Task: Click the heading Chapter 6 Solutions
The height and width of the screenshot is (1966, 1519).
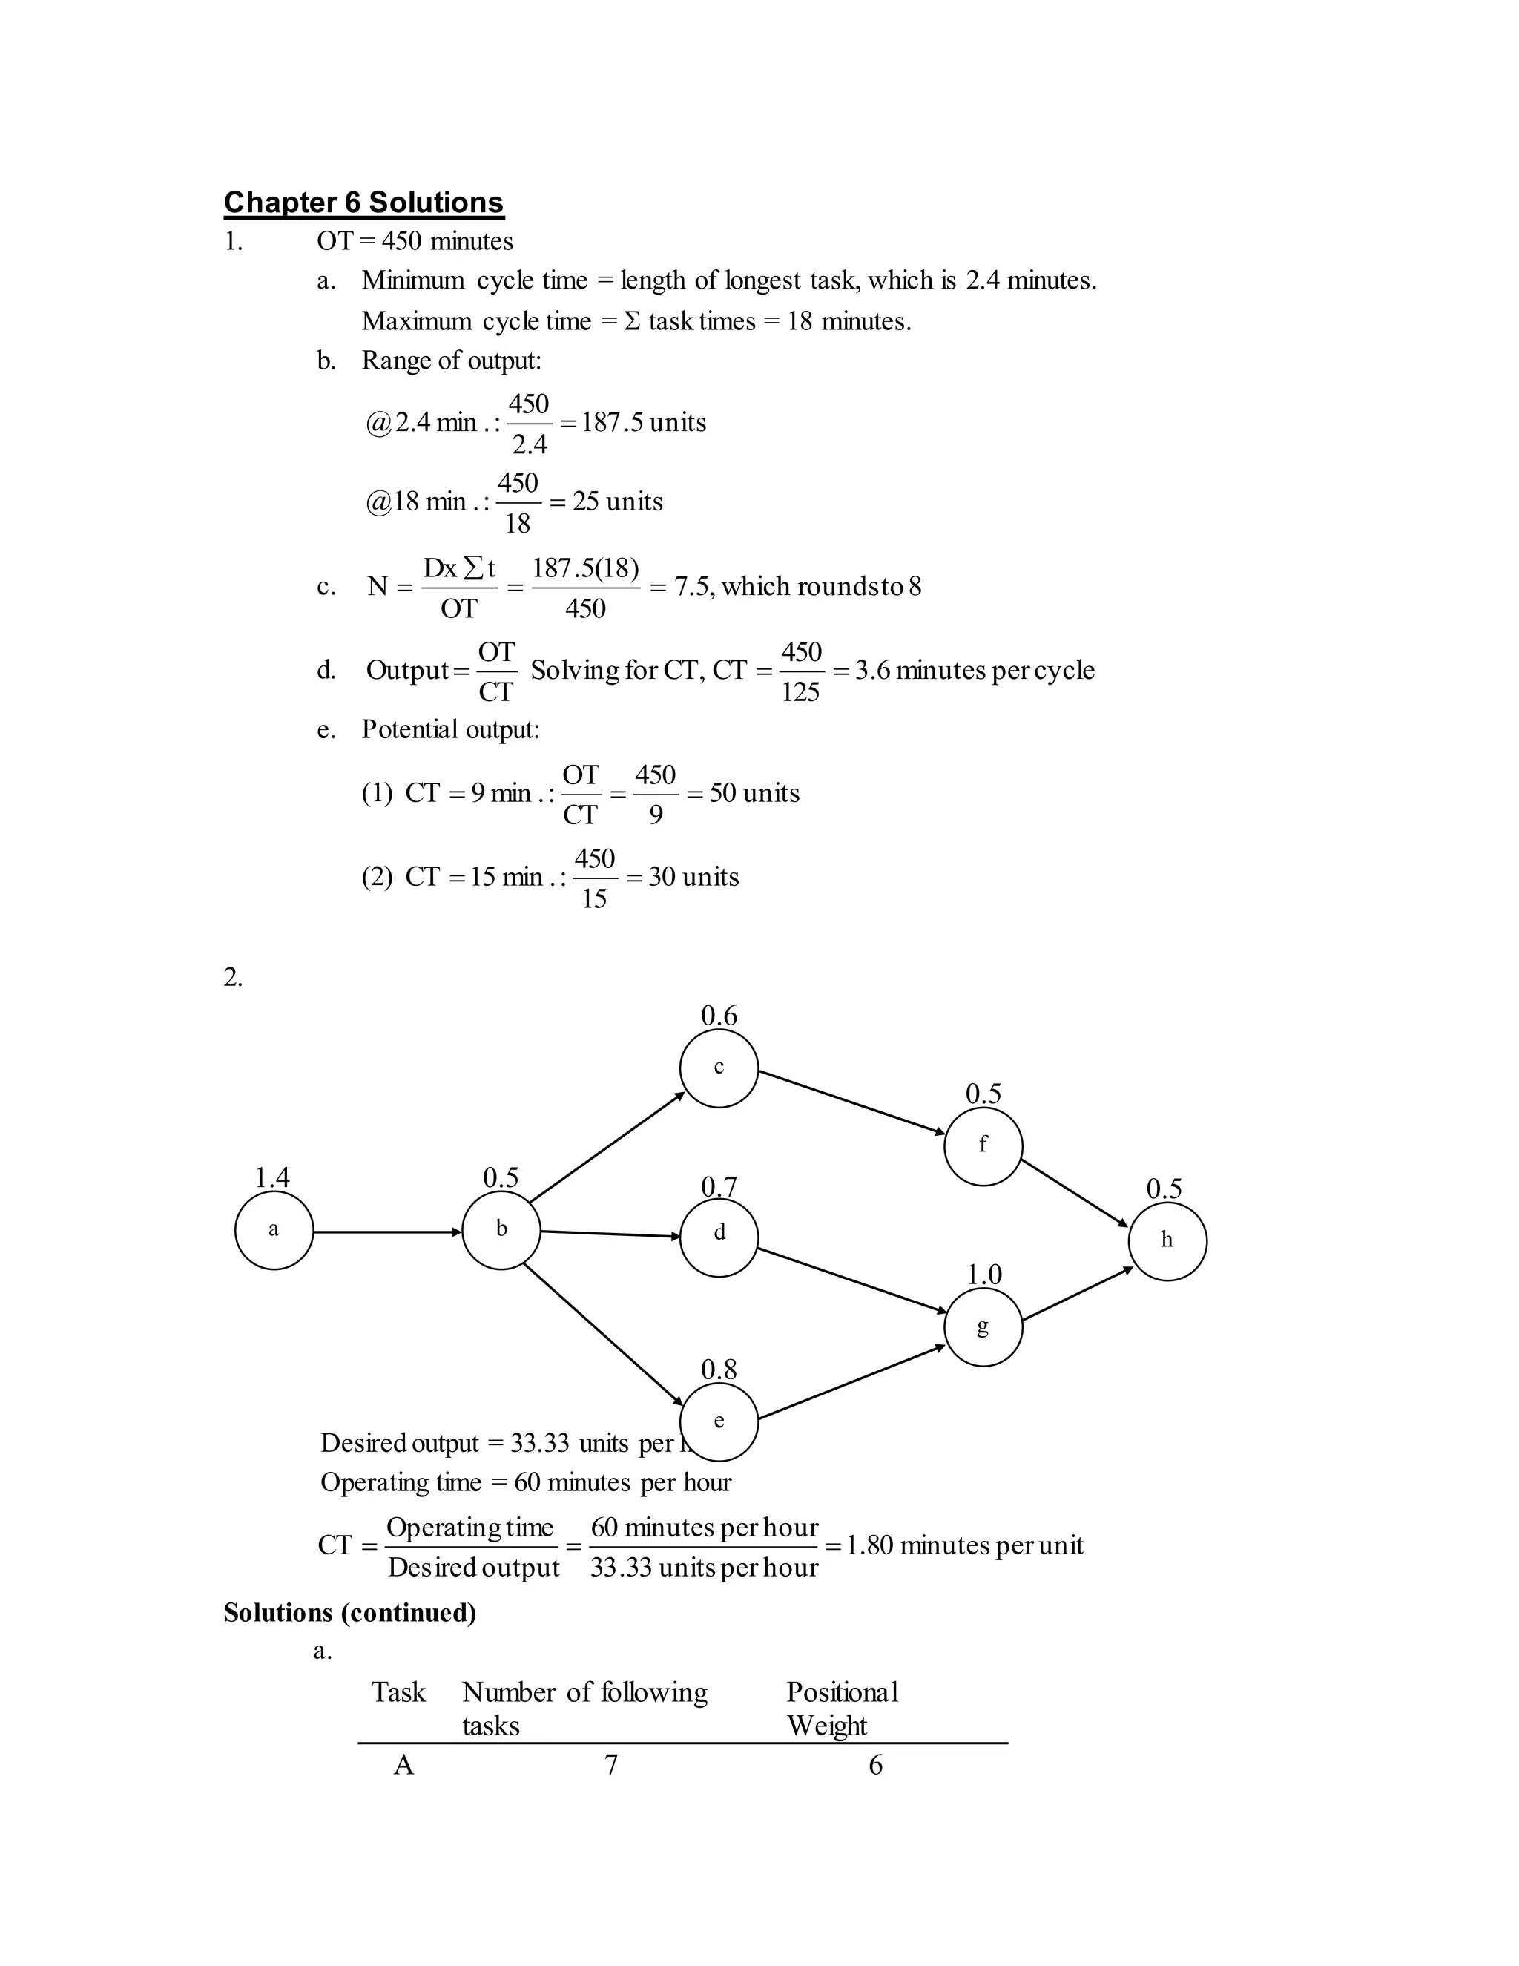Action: pos(363,203)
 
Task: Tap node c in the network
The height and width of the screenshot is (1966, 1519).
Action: pos(719,1068)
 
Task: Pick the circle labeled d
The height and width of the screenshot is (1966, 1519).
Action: pos(719,1237)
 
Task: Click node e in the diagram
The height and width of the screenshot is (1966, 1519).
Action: pos(719,1421)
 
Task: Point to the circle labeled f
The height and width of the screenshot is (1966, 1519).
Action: pos(983,1146)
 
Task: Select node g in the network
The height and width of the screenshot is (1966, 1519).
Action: pos(983,1327)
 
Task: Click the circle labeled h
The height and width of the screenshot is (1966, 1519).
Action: pos(1167,1241)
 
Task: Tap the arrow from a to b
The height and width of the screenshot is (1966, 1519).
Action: pos(387,1232)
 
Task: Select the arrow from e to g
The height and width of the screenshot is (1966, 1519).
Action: pos(851,1383)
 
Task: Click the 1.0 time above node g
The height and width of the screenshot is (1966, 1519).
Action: pos(983,1275)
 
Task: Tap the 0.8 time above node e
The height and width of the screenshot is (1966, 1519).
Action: pos(719,1370)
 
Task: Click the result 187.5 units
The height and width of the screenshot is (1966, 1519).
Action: pos(643,422)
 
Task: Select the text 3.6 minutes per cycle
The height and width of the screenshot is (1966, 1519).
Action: pos(975,671)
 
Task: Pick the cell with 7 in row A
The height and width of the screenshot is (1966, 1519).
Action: pos(611,1765)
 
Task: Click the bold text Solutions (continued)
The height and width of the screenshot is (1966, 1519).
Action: pos(350,1612)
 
